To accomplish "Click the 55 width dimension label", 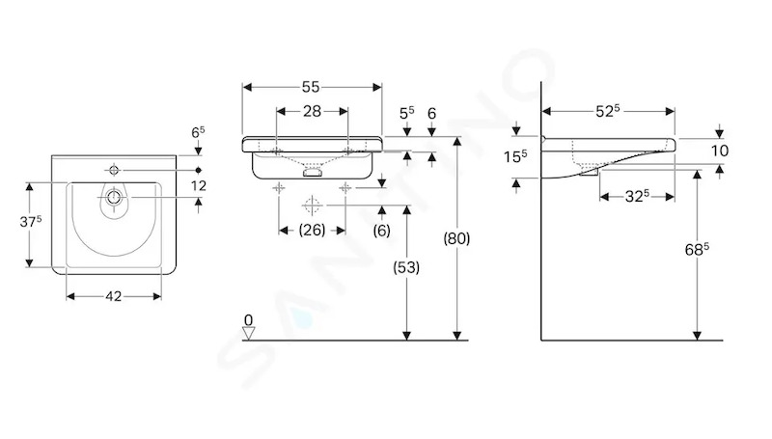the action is pyautogui.click(x=311, y=87).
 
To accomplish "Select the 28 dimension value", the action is pyautogui.click(x=312, y=111).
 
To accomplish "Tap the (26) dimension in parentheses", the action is pyautogui.click(x=312, y=230).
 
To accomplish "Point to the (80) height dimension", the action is pyautogui.click(x=456, y=238).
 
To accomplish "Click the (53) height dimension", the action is pyautogui.click(x=406, y=267).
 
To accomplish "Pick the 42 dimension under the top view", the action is pyautogui.click(x=113, y=296).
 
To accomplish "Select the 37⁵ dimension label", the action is pyautogui.click(x=31, y=222).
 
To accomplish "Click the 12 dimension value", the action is pyautogui.click(x=199, y=185).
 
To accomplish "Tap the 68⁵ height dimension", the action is pyautogui.click(x=697, y=250).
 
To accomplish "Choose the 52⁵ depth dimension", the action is pyautogui.click(x=608, y=111).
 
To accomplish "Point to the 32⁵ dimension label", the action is pyautogui.click(x=637, y=197).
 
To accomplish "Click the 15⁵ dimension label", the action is pyautogui.click(x=515, y=156).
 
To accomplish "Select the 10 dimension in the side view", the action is pyautogui.click(x=720, y=151).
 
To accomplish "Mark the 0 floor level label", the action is pyautogui.click(x=248, y=320).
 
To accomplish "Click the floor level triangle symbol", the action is pyautogui.click(x=249, y=334).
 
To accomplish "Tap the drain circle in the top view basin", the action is pyautogui.click(x=114, y=198).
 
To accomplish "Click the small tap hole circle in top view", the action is pyautogui.click(x=114, y=170).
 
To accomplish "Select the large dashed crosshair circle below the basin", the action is pyautogui.click(x=312, y=206).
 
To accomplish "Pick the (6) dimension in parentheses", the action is pyautogui.click(x=381, y=231).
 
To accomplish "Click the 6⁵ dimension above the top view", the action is pyautogui.click(x=198, y=132).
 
